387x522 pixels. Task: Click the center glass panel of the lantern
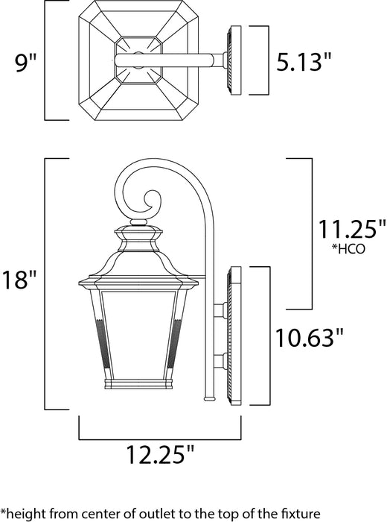pyautogui.click(x=138, y=328)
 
